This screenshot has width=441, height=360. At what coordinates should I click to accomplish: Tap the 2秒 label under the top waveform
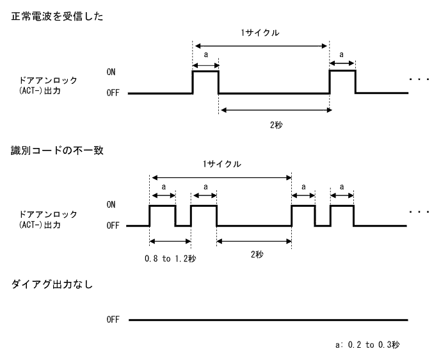pyautogui.click(x=276, y=125)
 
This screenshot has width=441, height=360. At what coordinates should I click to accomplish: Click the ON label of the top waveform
pyautogui.click(x=112, y=72)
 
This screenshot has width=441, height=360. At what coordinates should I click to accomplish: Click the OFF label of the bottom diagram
pyautogui.click(x=113, y=320)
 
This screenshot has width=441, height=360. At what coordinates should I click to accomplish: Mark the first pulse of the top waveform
pyautogui.click(x=205, y=82)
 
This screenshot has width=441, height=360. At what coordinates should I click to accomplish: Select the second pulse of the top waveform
pyautogui.click(x=342, y=82)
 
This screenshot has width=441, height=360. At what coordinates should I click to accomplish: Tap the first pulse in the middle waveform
pyautogui.click(x=163, y=215)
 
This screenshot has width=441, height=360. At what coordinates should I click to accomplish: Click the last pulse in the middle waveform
pyautogui.click(x=342, y=215)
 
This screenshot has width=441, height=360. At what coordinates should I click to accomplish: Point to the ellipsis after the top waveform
pyautogui.click(x=419, y=79)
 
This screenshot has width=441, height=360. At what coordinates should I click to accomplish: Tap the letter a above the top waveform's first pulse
pyautogui.click(x=205, y=56)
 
